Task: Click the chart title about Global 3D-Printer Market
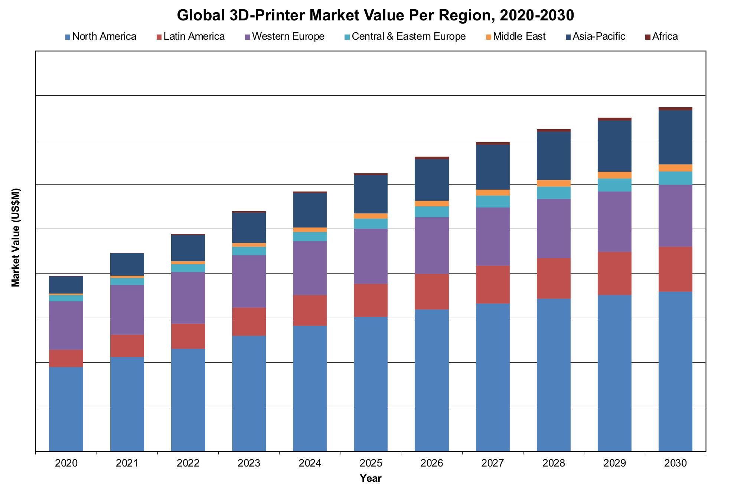(x=375, y=16)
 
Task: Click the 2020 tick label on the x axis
(x=66, y=463)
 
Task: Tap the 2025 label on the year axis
(x=371, y=463)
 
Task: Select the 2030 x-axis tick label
(x=675, y=463)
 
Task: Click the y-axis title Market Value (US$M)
(x=16, y=238)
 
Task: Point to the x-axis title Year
(x=371, y=478)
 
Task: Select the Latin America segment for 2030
(x=675, y=269)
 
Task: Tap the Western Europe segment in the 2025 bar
(x=371, y=256)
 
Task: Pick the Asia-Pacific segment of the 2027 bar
(x=493, y=167)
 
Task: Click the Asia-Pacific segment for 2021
(x=127, y=264)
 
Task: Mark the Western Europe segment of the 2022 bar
(x=188, y=298)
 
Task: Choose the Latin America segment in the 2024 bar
(x=310, y=310)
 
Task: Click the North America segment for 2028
(x=554, y=375)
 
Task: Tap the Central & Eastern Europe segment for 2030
(x=675, y=178)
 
